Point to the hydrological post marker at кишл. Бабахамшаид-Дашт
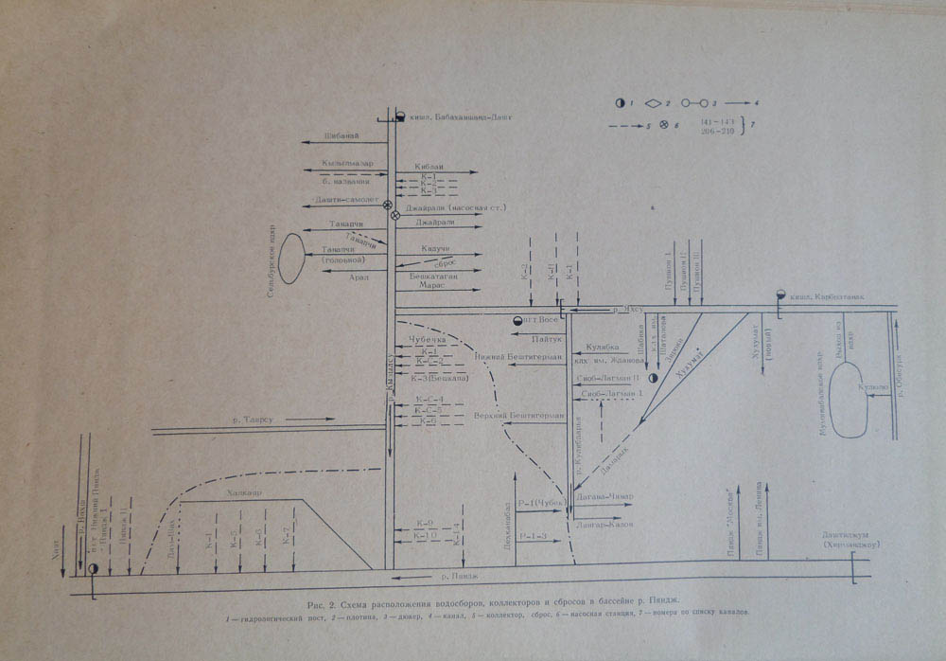399,116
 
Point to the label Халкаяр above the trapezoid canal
244,493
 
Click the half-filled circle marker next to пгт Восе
517,321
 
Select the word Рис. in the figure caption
318,602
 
